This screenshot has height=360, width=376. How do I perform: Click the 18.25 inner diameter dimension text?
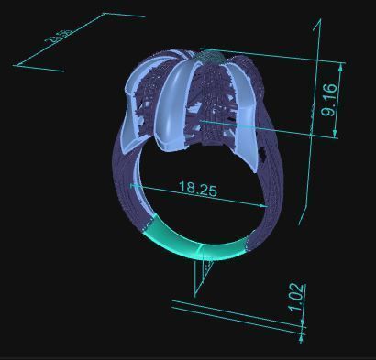coord(197,190)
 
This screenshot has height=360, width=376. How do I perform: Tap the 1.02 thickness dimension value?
coord(295,300)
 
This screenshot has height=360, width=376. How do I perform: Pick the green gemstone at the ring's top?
coord(210,56)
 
